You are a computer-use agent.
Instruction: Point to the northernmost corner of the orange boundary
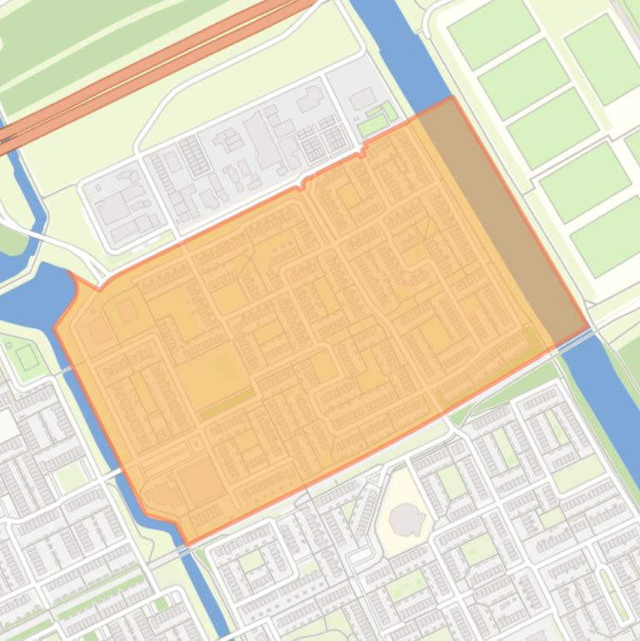tap(452, 97)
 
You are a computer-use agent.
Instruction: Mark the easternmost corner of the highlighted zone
tap(589, 328)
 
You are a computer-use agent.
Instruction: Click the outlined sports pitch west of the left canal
tap(27, 357)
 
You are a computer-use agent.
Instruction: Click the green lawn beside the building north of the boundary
tap(374, 125)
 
